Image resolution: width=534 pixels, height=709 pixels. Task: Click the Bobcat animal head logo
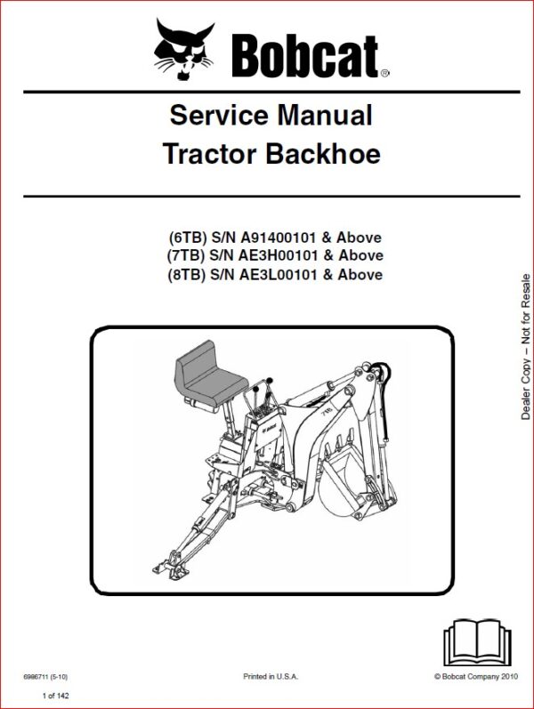click(182, 49)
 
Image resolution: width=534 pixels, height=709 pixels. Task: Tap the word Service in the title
click(219, 115)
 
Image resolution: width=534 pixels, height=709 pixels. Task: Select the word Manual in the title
click(325, 115)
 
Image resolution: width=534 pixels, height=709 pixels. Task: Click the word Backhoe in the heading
click(323, 153)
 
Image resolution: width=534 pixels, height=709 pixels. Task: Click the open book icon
click(477, 642)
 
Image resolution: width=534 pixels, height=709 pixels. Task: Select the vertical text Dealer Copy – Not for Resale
click(525, 347)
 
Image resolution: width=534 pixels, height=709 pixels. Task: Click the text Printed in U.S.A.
click(271, 677)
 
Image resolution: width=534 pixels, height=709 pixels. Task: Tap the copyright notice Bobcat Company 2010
click(476, 677)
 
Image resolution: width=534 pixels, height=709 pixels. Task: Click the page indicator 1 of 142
click(55, 696)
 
